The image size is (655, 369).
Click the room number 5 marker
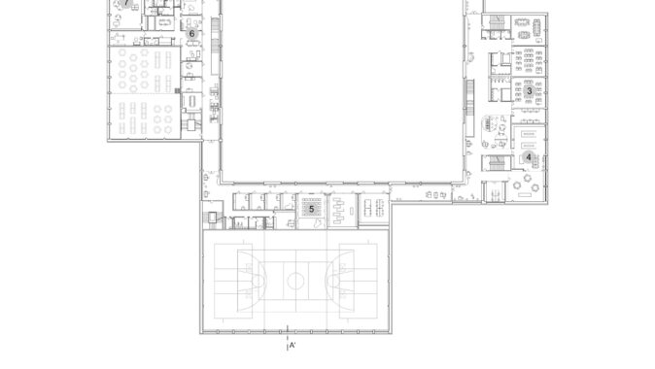(311, 209)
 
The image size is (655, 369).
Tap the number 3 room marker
(530, 90)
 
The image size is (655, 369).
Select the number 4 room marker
(529, 157)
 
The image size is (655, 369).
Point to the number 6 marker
(191, 34)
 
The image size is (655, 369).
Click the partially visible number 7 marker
(126, 3)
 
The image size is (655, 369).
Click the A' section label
(293, 345)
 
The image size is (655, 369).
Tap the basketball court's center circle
(295, 281)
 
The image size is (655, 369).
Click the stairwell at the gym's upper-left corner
(213, 218)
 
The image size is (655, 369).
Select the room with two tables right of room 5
(374, 209)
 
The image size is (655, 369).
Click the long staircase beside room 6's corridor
(215, 46)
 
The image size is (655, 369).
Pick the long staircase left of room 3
(470, 108)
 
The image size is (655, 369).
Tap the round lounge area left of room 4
(496, 131)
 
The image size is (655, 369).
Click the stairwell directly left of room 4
(496, 163)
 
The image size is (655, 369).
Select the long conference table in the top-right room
(536, 28)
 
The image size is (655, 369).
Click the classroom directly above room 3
(529, 61)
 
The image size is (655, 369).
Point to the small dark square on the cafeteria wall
(178, 90)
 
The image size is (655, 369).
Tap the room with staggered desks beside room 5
(342, 210)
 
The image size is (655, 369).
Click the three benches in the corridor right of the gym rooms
(435, 195)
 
